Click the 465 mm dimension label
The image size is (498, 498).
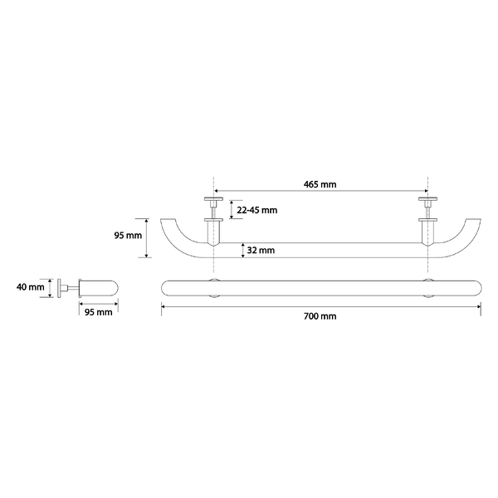(320, 184)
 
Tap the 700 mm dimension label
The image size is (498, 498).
(320, 316)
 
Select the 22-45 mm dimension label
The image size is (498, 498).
(257, 210)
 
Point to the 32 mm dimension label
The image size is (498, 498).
(261, 251)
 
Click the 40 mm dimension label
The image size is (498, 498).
(31, 287)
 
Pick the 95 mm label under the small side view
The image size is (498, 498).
(99, 312)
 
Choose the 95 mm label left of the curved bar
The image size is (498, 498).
(128, 236)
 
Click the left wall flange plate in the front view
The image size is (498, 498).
(213, 199)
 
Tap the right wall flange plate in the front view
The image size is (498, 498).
(427, 199)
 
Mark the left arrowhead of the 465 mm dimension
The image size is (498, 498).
(217, 191)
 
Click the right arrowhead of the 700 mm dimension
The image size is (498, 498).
(479, 307)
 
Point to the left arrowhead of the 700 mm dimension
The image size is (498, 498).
(164, 307)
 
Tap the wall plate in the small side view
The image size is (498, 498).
(59, 288)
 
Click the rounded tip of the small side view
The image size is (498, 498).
(115, 288)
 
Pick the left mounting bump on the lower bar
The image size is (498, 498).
(214, 288)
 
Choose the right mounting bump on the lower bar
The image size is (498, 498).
(427, 288)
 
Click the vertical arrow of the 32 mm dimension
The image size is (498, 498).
(243, 251)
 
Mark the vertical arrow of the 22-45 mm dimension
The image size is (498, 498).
(232, 210)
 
